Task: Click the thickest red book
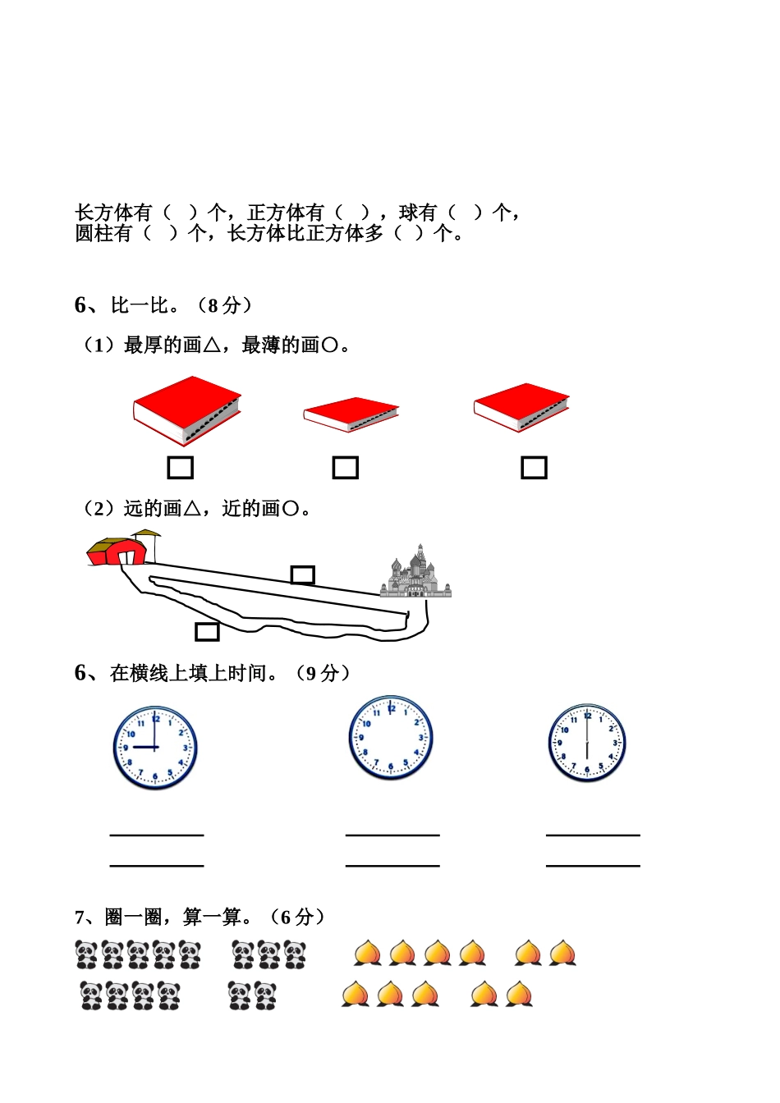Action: [186, 410]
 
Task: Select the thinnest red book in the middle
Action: [351, 414]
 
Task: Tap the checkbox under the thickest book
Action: [181, 468]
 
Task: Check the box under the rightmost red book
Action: [534, 468]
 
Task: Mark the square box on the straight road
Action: [303, 574]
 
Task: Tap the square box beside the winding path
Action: [207, 631]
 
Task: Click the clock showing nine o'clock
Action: [155, 748]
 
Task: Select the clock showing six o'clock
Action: [587, 743]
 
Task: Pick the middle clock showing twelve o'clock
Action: [390, 737]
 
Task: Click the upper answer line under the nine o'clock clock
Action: [157, 835]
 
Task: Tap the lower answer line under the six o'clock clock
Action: [593, 865]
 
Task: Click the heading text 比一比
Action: [145, 305]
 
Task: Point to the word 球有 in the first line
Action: [418, 213]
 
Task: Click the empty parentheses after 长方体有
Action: [181, 213]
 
